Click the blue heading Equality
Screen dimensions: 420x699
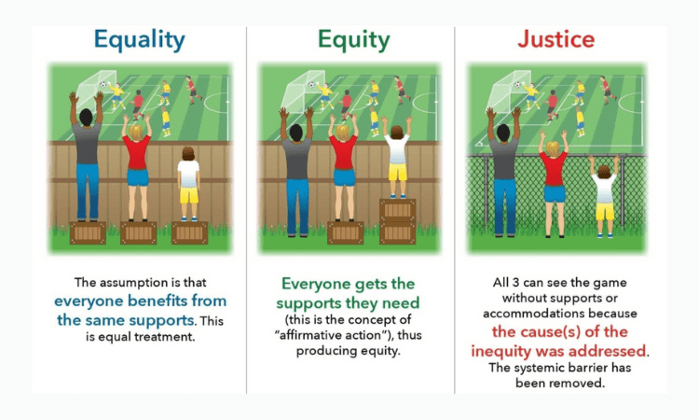[x=139, y=40]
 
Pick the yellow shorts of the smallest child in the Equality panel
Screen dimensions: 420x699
[x=189, y=195]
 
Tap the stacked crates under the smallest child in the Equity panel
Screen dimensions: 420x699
[x=397, y=220]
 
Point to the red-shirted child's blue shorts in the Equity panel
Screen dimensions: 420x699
[x=344, y=177]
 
